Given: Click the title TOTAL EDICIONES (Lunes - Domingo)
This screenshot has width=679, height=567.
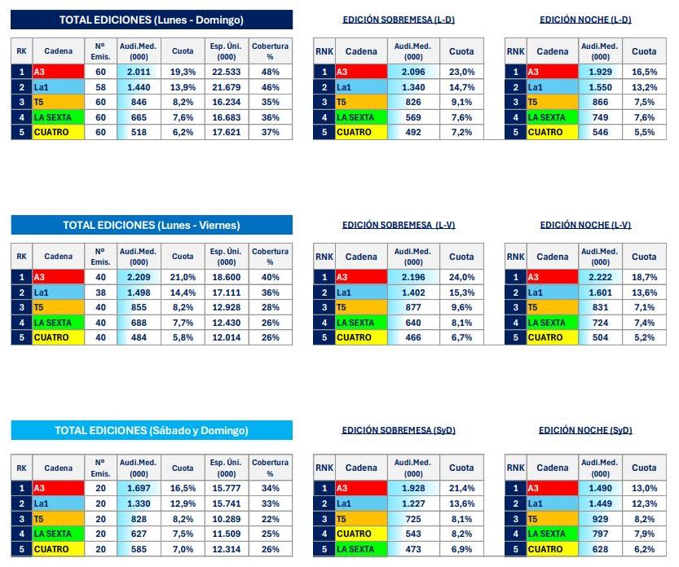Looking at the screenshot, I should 152,20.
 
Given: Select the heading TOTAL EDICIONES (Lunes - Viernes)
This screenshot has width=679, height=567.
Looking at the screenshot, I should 152,225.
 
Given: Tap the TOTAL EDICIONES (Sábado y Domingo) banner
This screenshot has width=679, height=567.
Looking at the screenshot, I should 152,430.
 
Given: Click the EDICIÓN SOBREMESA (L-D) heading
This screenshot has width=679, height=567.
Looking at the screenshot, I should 399,20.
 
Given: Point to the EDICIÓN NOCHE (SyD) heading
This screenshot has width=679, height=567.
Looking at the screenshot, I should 585,430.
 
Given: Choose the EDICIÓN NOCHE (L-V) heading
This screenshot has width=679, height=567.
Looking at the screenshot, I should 585,225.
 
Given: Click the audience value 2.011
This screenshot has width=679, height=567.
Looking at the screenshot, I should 139,73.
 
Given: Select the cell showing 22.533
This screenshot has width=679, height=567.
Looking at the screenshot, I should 227,73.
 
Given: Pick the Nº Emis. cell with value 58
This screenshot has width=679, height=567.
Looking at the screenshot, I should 100,87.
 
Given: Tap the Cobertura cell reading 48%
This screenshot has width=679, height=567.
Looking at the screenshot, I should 271,73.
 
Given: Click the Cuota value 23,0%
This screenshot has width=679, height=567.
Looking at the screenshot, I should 461,73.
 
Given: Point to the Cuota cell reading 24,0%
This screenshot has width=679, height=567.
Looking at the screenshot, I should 461,278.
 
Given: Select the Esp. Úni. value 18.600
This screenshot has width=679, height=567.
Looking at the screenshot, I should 227,278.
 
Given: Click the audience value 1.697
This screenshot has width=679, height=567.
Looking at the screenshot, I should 139,488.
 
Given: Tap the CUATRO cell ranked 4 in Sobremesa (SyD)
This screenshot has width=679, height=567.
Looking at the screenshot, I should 361,534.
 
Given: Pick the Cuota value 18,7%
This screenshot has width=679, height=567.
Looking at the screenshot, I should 644,278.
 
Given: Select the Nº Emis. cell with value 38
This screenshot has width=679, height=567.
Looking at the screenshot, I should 100,292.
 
